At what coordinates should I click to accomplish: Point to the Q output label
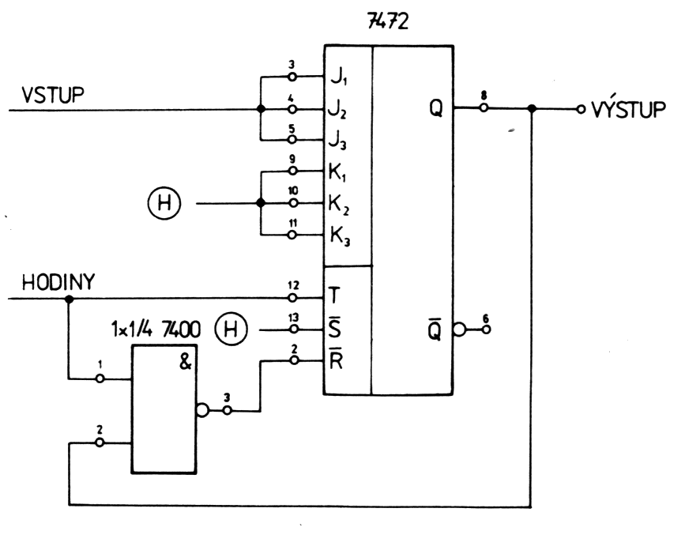tap(436, 110)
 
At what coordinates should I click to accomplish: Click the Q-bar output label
tap(436, 330)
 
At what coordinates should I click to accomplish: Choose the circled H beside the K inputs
tap(164, 204)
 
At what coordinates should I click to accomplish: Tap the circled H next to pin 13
tap(231, 329)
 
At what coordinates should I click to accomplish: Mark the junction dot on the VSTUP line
tap(260, 110)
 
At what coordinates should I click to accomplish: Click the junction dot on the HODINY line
tap(69, 299)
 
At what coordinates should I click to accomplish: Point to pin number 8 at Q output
tap(483, 96)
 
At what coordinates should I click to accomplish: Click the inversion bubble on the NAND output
tap(203, 411)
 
